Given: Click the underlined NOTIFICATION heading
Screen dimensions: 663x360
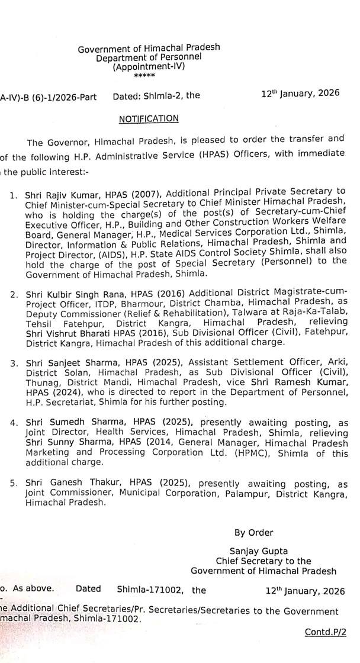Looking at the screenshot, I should [x=149, y=119].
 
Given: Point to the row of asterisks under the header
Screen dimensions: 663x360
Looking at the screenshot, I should [x=142, y=76].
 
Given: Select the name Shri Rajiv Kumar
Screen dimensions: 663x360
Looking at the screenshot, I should [x=52, y=194].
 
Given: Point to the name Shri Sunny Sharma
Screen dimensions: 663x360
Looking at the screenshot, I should [x=57, y=442].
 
